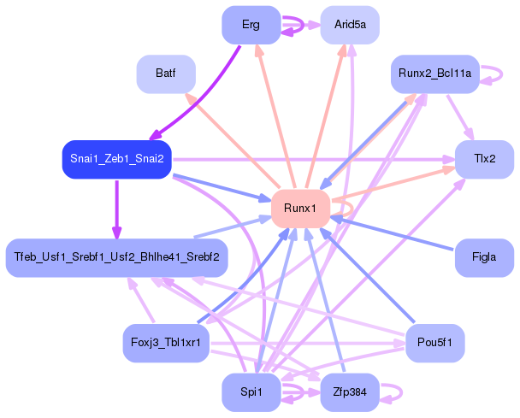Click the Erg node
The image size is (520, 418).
tap(251, 25)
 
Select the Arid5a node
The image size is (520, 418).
tap(350, 25)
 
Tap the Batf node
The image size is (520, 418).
tap(166, 74)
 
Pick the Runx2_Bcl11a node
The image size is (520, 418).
tap(435, 74)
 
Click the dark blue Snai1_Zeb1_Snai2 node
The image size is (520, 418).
tap(116, 160)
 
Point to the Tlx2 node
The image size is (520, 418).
tap(485, 160)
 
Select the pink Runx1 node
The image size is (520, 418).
tap(300, 209)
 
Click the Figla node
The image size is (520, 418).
tap(485, 257)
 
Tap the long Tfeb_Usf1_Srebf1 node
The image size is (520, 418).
tap(116, 257)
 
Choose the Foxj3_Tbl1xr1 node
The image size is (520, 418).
tap(166, 343)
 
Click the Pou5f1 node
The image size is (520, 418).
tap(435, 343)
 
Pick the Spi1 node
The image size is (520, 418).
tap(251, 392)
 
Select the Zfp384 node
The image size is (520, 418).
tap(350, 392)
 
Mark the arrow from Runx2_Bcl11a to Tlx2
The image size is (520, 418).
tap(460, 117)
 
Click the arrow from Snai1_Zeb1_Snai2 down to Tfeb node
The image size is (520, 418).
tap(116, 209)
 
